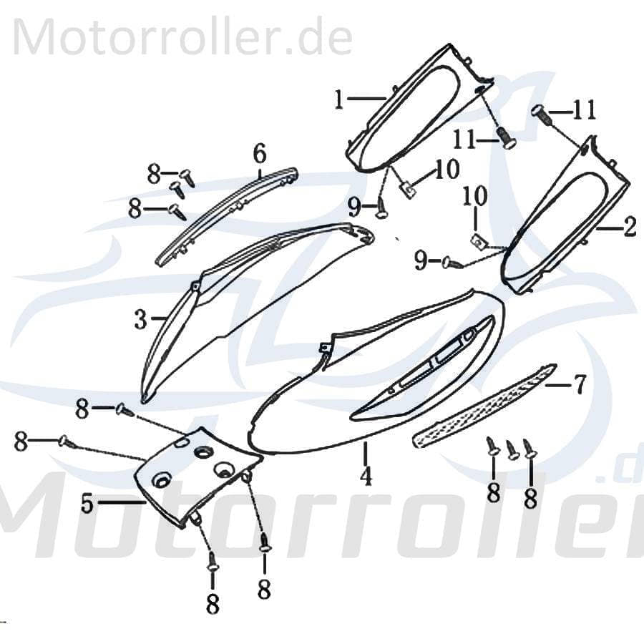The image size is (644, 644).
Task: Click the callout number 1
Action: (x=338, y=100)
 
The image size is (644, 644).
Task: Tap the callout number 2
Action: (x=630, y=228)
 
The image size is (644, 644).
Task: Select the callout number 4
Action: (x=366, y=475)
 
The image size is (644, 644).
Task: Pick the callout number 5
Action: (x=87, y=504)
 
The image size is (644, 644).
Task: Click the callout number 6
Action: (x=259, y=152)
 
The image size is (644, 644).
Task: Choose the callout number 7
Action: (x=580, y=386)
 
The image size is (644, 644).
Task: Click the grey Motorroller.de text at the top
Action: (x=182, y=39)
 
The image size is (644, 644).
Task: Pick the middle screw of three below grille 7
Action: (x=512, y=450)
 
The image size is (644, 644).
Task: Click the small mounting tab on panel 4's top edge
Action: (x=323, y=348)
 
